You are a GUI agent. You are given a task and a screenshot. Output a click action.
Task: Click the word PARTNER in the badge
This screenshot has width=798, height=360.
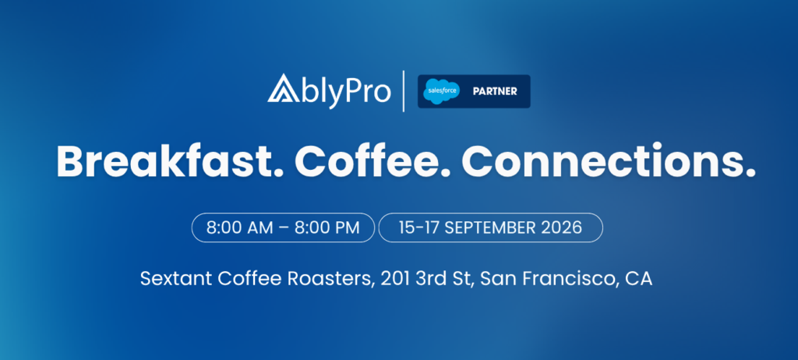[495, 92]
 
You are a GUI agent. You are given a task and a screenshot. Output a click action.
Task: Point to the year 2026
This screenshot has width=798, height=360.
[563, 228]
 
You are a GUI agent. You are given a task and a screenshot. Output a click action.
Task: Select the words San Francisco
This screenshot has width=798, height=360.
[546, 279]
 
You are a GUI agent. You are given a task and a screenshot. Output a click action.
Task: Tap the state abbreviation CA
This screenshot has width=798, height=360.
[638, 279]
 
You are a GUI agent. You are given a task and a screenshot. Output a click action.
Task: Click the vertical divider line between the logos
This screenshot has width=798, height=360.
[404, 91]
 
